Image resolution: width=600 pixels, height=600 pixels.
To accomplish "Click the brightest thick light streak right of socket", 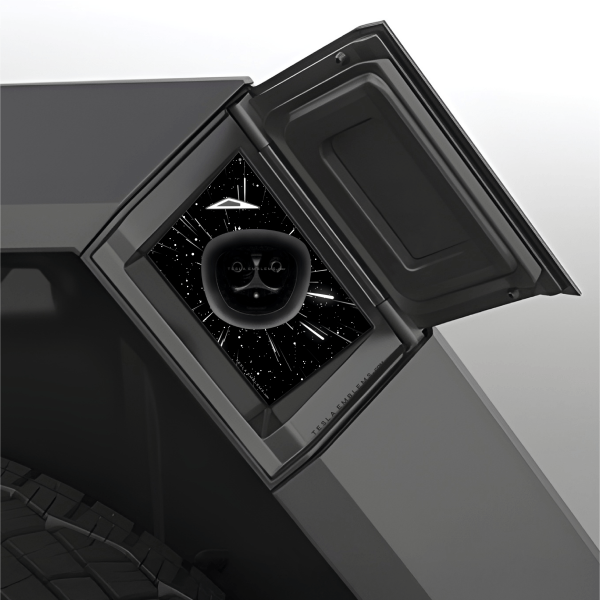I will (x=320, y=296).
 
